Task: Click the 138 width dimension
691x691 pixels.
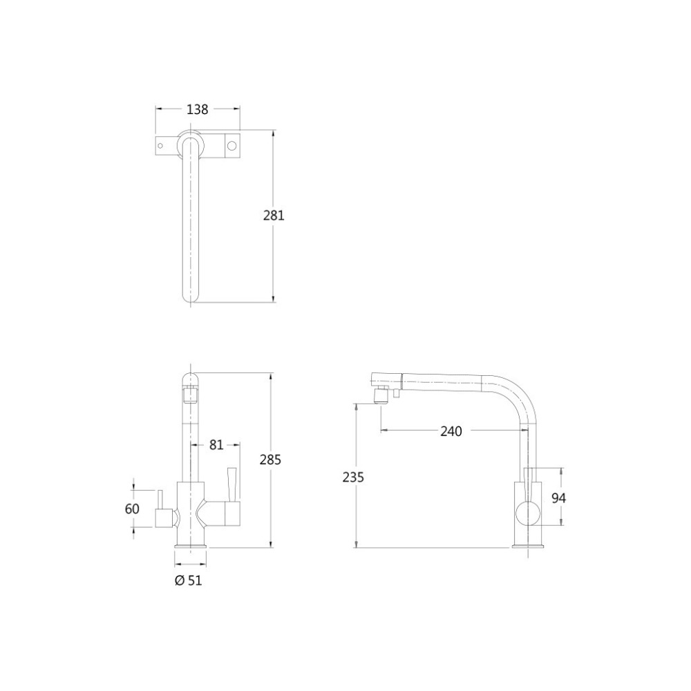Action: [x=197, y=109]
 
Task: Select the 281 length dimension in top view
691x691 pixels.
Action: [x=274, y=215]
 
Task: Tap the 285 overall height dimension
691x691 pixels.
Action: [x=270, y=460]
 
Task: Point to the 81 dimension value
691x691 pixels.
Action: [x=216, y=446]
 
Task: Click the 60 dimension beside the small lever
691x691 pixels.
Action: [x=133, y=509]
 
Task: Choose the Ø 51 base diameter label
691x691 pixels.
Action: [x=188, y=581]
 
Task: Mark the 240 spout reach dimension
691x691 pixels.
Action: [x=451, y=431]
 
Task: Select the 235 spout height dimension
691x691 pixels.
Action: [x=353, y=477]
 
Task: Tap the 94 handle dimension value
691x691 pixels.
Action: [x=560, y=498]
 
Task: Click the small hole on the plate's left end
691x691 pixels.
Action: [x=162, y=146]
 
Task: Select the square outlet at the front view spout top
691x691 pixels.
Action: [x=190, y=396]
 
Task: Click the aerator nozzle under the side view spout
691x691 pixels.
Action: [x=379, y=396]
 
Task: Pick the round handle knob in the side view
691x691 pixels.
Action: [x=529, y=513]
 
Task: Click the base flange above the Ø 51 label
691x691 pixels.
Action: [x=190, y=546]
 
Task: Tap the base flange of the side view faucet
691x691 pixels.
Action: [x=529, y=546]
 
